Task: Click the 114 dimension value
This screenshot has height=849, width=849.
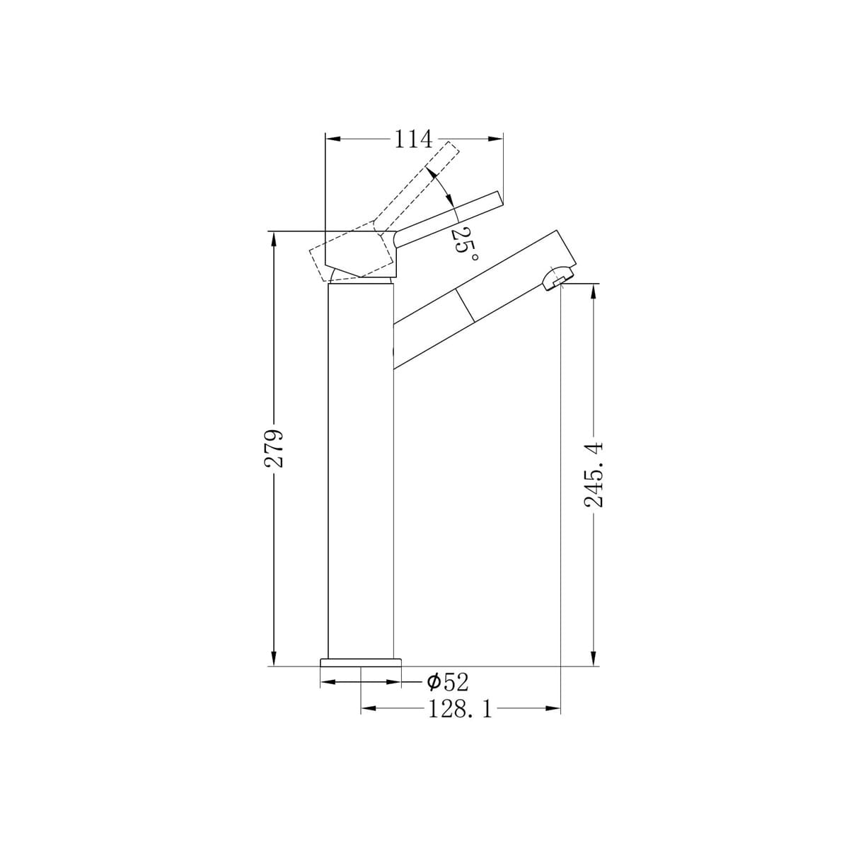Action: point(412,139)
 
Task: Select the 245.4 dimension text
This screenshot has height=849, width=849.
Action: point(593,474)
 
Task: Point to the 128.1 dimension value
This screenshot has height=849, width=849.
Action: point(459,709)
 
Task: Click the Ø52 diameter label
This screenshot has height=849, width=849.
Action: point(447,683)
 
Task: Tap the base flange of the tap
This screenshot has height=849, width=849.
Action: point(361,662)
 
